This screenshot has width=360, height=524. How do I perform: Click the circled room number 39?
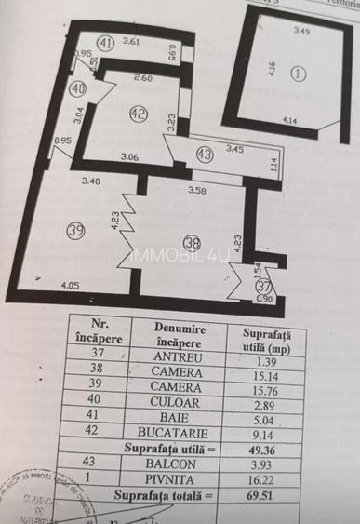(76, 232)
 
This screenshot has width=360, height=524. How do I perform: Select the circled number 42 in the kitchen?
(139, 114)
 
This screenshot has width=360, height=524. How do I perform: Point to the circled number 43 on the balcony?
(204, 155)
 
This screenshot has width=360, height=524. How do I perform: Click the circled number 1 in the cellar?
(298, 73)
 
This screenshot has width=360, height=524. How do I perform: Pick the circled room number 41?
(106, 43)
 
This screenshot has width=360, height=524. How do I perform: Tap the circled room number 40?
(78, 88)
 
